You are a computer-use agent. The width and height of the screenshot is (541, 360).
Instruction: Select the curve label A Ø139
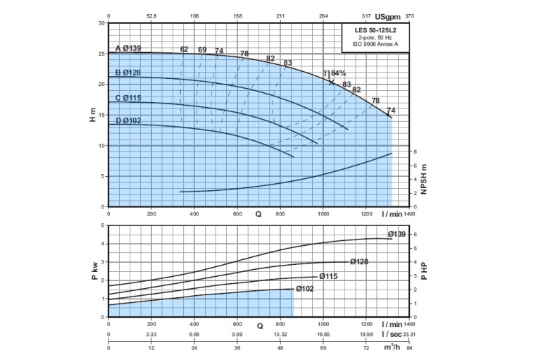click(128, 49)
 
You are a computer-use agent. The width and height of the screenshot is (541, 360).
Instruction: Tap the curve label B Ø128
click(128, 73)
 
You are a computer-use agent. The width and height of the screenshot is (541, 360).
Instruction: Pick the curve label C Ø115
click(128, 97)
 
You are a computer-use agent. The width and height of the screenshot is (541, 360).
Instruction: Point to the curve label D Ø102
click(128, 120)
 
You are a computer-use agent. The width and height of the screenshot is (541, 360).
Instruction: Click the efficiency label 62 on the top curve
click(184, 49)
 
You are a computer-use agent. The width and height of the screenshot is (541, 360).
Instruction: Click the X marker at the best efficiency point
click(331, 82)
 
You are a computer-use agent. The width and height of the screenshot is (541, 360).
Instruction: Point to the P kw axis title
click(94, 271)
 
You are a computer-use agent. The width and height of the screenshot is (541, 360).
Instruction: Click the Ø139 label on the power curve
click(397, 234)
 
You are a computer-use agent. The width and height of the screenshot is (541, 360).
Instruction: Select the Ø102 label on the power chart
click(305, 289)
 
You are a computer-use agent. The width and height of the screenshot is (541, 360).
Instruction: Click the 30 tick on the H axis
click(101, 23)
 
